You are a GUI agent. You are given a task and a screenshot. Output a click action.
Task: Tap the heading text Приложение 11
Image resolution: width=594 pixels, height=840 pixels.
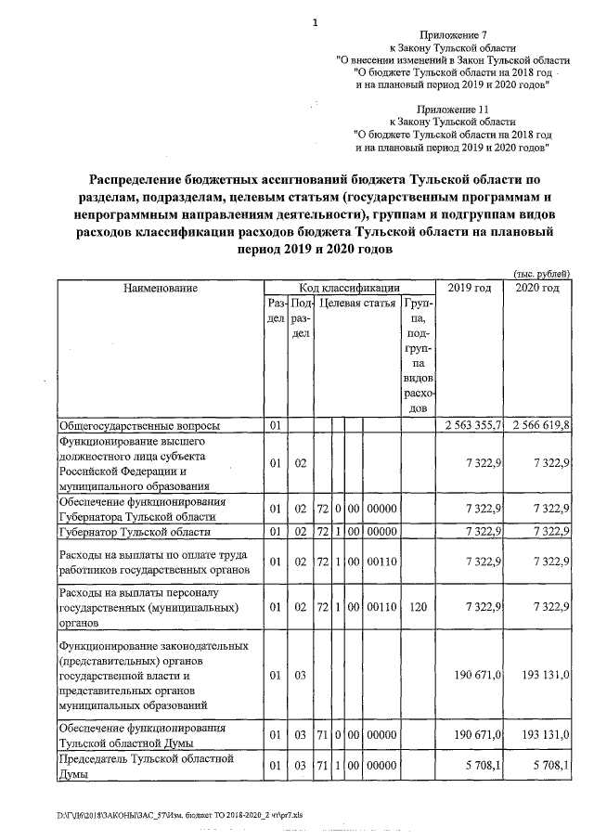[x=452, y=109]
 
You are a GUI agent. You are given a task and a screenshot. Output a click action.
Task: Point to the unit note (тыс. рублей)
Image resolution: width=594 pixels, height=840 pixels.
[x=541, y=272]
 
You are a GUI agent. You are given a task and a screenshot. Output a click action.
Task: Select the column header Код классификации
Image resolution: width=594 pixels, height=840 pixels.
[x=349, y=289]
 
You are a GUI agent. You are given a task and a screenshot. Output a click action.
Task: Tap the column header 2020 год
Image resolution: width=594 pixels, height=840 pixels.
[x=538, y=289]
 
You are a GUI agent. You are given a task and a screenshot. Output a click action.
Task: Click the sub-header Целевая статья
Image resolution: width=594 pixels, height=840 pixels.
[x=357, y=304]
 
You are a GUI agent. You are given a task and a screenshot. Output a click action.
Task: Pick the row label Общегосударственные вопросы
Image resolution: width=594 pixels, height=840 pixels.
[x=140, y=426]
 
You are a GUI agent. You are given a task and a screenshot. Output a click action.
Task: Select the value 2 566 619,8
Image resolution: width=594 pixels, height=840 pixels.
[x=538, y=426]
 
